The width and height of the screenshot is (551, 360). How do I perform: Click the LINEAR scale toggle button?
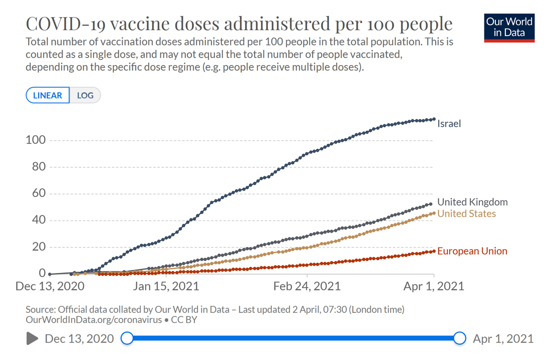click(x=48, y=95)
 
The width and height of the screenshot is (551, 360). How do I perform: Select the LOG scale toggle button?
click(x=85, y=95)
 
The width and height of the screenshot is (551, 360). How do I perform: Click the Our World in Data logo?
click(x=509, y=28)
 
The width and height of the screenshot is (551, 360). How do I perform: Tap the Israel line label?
click(x=449, y=123)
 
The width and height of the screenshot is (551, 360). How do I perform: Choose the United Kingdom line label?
click(x=472, y=202)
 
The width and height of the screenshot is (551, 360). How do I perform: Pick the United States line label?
click(x=466, y=214)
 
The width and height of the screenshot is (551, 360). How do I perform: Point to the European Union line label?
click(x=472, y=251)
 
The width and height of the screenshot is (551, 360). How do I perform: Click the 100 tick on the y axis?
click(x=36, y=140)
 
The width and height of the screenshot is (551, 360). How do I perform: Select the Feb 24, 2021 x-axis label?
click(x=307, y=286)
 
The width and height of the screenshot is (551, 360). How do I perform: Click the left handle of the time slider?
click(x=127, y=338)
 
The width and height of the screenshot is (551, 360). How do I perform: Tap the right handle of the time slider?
click(x=460, y=338)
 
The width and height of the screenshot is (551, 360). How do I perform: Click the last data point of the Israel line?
click(x=434, y=119)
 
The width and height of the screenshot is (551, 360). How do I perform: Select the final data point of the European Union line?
click(x=434, y=251)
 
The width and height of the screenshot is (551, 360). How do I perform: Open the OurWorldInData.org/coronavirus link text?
click(x=93, y=319)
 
